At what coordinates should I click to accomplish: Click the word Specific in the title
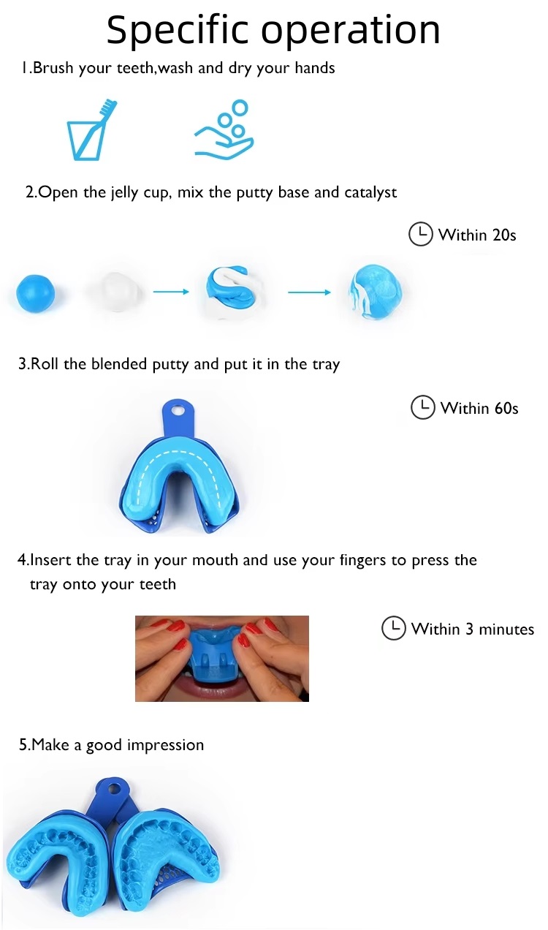177,29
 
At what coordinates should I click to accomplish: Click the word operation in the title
350,30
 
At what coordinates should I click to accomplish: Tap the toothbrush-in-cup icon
91,129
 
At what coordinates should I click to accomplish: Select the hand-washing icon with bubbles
224,129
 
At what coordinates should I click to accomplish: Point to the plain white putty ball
114,292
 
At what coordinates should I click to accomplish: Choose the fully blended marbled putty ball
376,292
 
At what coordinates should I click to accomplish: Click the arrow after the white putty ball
171,292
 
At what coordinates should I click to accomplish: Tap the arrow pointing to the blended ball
310,292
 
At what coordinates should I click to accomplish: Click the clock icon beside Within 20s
421,235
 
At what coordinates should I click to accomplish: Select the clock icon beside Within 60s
423,407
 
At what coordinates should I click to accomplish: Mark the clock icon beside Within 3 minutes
393,628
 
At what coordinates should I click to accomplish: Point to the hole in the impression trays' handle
114,787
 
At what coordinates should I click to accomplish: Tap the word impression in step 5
166,745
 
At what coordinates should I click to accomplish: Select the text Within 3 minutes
473,629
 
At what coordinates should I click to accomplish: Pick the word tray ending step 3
326,365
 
